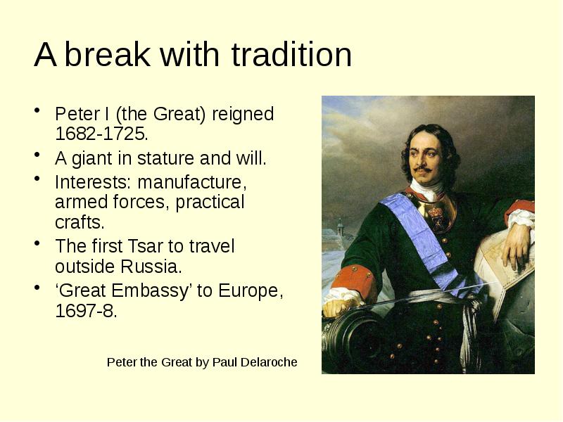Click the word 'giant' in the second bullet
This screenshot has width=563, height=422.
(89, 158)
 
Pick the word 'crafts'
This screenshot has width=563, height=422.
(78, 223)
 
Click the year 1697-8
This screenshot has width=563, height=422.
(84, 311)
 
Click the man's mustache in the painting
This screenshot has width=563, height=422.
(423, 170)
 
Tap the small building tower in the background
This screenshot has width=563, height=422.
(339, 229)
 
